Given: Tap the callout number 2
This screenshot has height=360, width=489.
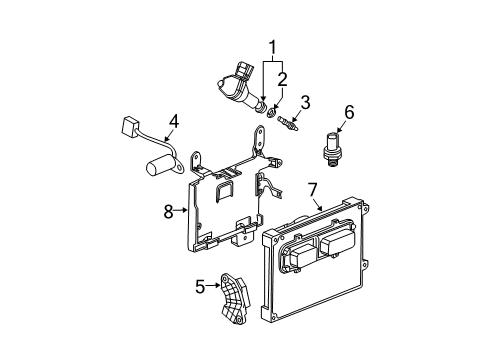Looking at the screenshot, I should pos(283,79).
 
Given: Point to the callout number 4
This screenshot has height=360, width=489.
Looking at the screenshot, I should pos(173,124).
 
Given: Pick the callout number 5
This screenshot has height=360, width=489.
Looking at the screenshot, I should pos(200,287).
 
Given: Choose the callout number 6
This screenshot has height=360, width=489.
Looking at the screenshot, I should pos(350,113).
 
